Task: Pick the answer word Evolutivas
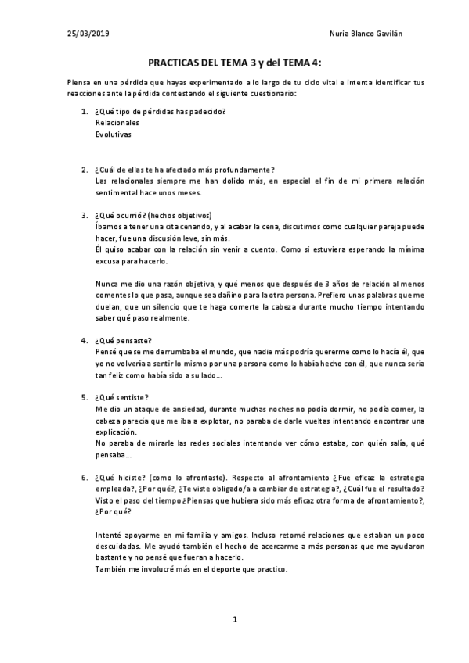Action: [x=114, y=134]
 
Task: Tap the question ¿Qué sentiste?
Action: [x=122, y=397]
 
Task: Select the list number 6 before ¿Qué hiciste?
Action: [x=85, y=476]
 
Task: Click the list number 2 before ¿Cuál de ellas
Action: [x=85, y=170]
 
